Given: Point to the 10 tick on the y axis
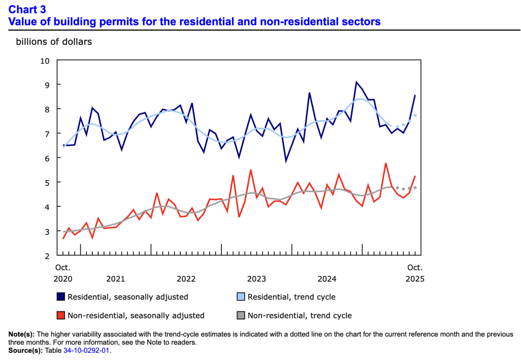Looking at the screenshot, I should pyautogui.click(x=45, y=61).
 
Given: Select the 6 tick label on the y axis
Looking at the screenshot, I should pyautogui.click(x=47, y=158).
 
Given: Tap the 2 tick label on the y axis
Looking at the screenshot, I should pyautogui.click(x=47, y=255).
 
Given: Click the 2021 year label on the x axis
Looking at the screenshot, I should pyautogui.click(x=115, y=279).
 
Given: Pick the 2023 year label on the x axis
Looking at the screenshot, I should pyautogui.click(x=256, y=279).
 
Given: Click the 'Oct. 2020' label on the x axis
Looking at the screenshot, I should pyautogui.click(x=63, y=273).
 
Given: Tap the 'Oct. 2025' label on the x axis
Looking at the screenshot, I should pyautogui.click(x=415, y=273).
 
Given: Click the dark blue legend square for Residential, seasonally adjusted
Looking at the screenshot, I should pyautogui.click(x=61, y=296).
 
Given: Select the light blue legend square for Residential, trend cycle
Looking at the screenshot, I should pyautogui.click(x=241, y=296).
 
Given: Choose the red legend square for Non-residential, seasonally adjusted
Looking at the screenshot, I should pyautogui.click(x=61, y=315).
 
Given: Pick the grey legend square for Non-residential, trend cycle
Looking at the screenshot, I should pyautogui.click(x=241, y=315).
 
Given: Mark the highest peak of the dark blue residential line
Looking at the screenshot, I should pyautogui.click(x=356, y=82).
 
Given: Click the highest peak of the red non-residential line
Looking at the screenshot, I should pyautogui.click(x=386, y=163).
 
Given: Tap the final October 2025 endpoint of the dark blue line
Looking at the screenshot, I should pyautogui.click(x=415, y=95).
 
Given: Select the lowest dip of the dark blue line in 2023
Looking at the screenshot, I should pyautogui.click(x=286, y=161).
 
